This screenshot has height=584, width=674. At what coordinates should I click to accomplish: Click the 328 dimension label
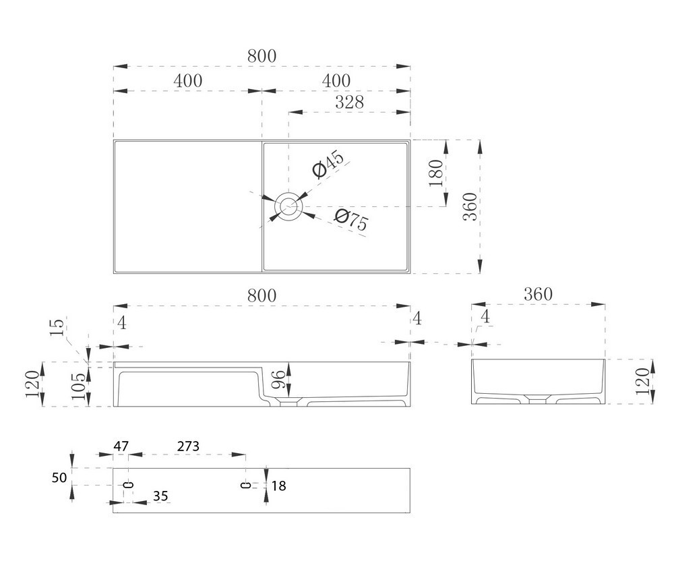pos(349,103)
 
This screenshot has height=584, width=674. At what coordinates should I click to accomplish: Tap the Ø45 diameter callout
pos(328,164)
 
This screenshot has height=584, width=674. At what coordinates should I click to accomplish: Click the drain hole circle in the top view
pos(289,206)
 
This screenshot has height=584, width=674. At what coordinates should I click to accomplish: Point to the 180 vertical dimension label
pos(436,173)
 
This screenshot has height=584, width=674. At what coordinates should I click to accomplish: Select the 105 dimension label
pos(79,386)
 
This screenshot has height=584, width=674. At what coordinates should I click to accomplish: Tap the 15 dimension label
pos(57,327)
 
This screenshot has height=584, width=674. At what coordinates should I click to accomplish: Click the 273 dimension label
pos(188,446)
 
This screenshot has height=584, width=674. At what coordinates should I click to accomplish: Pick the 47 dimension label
pos(121,446)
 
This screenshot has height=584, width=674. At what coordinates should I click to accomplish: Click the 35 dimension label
pos(160,496)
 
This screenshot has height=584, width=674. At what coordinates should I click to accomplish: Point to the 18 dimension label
pos(278,486)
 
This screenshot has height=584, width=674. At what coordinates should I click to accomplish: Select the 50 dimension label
pos(59,477)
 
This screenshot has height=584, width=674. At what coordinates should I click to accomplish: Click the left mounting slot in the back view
pos(128,485)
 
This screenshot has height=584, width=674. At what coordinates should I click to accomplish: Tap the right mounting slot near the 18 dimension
pos(245,485)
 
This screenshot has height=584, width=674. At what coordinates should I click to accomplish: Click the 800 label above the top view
pos(262,57)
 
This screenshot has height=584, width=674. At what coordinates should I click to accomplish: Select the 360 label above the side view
pos(538,295)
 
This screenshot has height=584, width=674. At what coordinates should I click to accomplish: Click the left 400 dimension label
pos(188,81)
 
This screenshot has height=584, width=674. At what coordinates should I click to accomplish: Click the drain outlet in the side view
pos(538,400)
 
